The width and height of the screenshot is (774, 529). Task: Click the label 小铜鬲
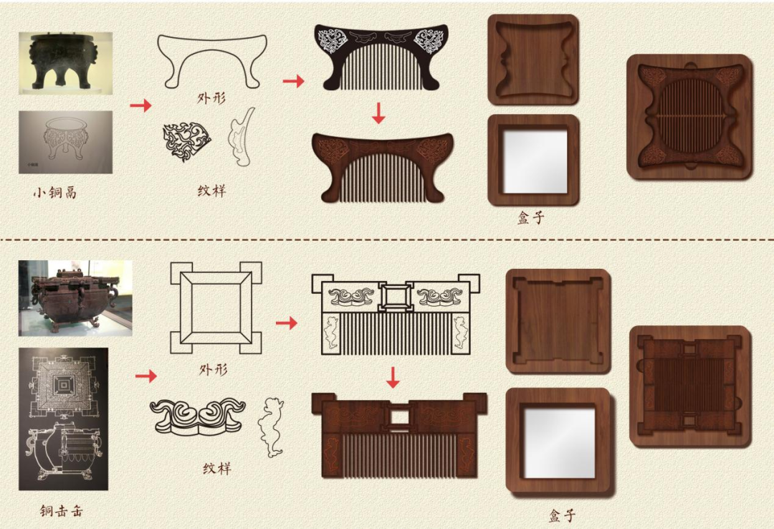[55, 192]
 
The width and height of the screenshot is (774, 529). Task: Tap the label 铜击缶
[61, 510]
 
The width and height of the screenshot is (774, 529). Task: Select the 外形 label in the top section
[211, 97]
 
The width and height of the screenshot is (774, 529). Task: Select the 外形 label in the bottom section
[214, 369]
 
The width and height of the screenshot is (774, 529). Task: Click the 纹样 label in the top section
[211, 191]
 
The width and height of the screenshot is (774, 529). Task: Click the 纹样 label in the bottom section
[217, 468]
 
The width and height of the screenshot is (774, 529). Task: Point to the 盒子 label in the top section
[531, 217]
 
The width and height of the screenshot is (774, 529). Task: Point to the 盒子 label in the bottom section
[563, 515]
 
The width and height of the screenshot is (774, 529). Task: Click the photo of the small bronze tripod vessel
[66, 63]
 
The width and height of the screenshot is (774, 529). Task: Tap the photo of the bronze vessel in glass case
[75, 298]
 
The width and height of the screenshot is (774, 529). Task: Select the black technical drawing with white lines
[63, 419]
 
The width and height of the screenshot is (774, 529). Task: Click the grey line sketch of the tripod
[66, 142]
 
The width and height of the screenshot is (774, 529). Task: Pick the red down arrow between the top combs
[378, 113]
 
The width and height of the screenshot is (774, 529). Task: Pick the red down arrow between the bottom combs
[393, 377]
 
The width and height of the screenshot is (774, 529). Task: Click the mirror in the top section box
[534, 161]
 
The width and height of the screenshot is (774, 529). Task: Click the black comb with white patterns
[381, 57]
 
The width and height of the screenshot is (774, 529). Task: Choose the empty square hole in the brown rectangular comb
[400, 417]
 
